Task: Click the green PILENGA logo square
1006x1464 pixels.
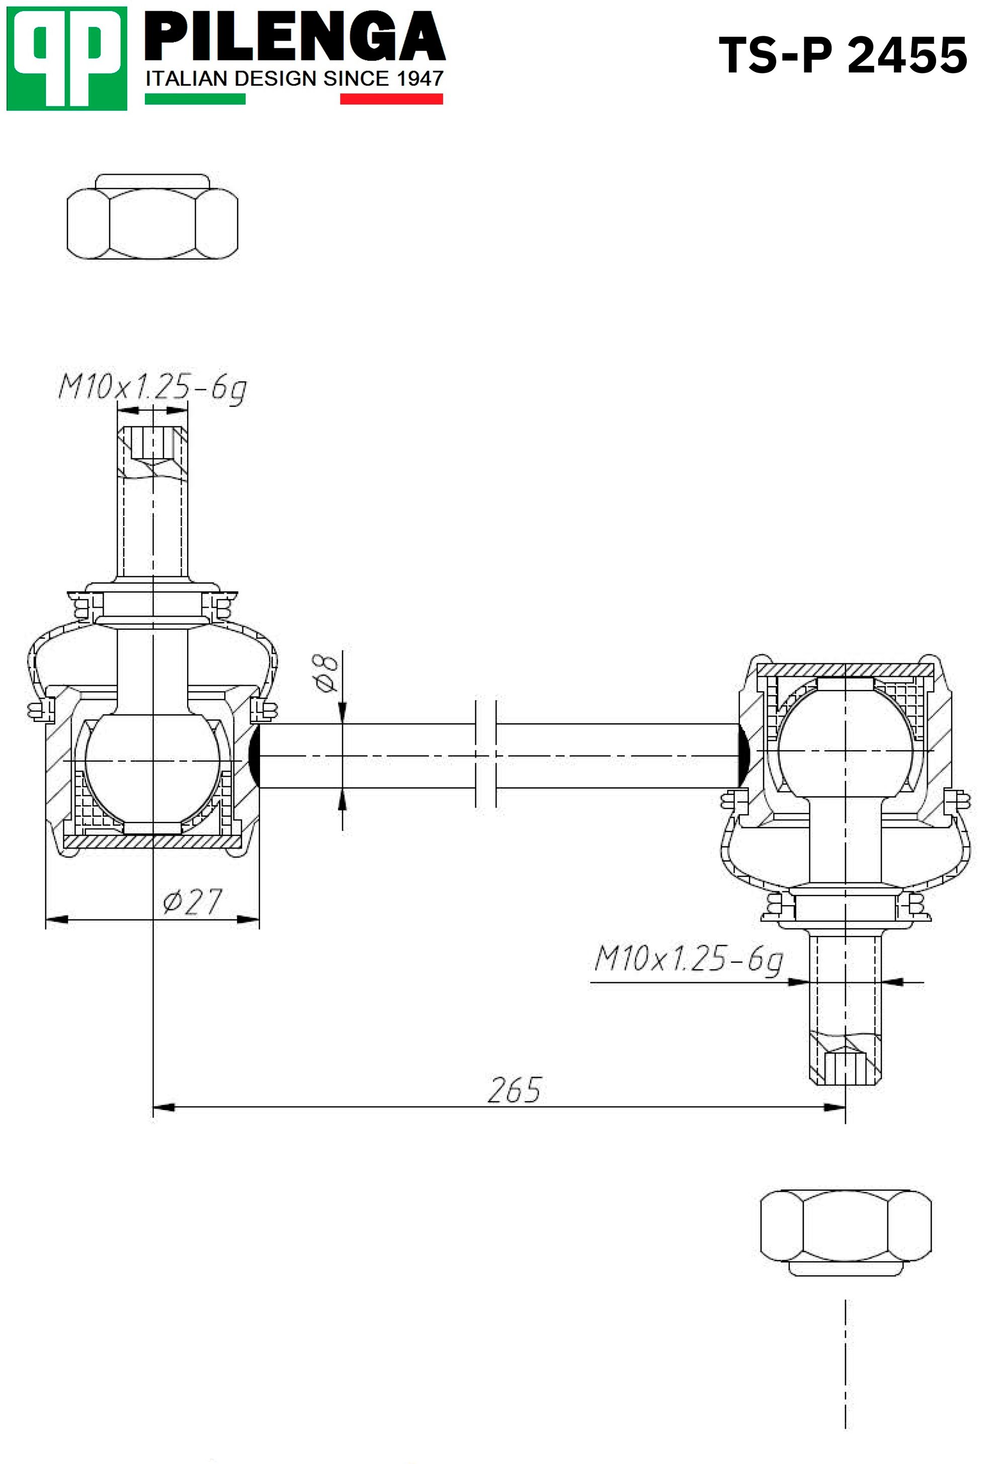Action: coord(67,59)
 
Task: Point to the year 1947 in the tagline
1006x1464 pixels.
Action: coord(421,79)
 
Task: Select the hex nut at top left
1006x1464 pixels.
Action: coord(152,216)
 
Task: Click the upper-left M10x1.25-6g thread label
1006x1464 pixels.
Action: coord(152,387)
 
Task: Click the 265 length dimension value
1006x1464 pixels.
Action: coord(515,1090)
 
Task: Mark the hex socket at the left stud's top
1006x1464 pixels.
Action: coord(152,444)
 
